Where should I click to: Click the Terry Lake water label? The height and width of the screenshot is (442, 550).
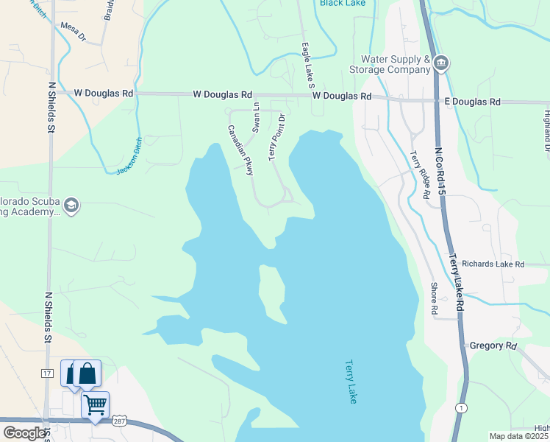tap(351, 382)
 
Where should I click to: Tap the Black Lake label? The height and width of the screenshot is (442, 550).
tap(343, 3)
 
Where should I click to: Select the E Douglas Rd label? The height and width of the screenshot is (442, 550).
tap(472, 102)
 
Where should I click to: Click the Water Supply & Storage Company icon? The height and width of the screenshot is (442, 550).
tap(441, 62)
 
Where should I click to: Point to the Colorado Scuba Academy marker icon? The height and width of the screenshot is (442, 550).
tap(71, 204)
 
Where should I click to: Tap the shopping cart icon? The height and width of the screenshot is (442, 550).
tap(95, 404)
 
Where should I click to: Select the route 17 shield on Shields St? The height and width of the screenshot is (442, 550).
tap(47, 374)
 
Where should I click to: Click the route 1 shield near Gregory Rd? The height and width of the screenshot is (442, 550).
tap(460, 408)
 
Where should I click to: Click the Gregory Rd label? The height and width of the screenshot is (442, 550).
tap(493, 345)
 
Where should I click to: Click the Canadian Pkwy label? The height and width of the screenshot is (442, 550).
tap(240, 150)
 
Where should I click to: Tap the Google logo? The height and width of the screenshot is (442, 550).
tap(25, 433)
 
